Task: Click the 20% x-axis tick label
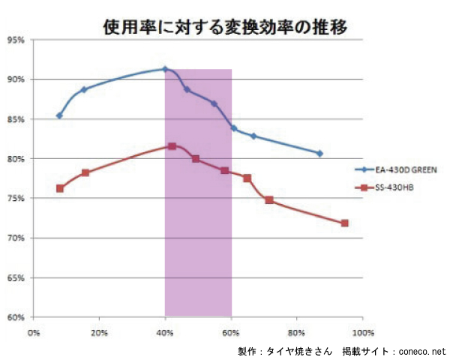click(99, 331)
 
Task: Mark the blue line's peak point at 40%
click(165, 69)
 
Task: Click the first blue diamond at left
click(59, 115)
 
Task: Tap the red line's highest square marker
click(172, 146)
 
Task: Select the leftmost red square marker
click(60, 188)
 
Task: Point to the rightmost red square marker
click(345, 223)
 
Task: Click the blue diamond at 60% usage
click(233, 128)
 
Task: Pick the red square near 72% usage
click(268, 200)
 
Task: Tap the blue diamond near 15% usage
click(84, 89)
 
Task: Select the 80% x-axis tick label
click(297, 331)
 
